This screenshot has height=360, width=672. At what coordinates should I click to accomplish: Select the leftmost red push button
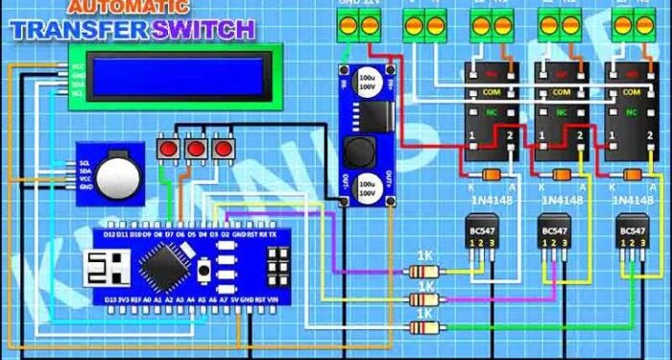pyautogui.click(x=169, y=150)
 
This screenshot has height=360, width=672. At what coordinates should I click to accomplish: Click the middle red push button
pyautogui.click(x=196, y=150)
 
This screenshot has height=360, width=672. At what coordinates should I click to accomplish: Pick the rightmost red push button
pyautogui.click(x=223, y=150)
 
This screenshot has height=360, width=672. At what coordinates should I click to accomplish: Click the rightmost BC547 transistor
pyautogui.click(x=631, y=235)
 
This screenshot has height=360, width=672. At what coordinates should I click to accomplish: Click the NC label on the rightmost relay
pyautogui.click(x=630, y=113)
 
